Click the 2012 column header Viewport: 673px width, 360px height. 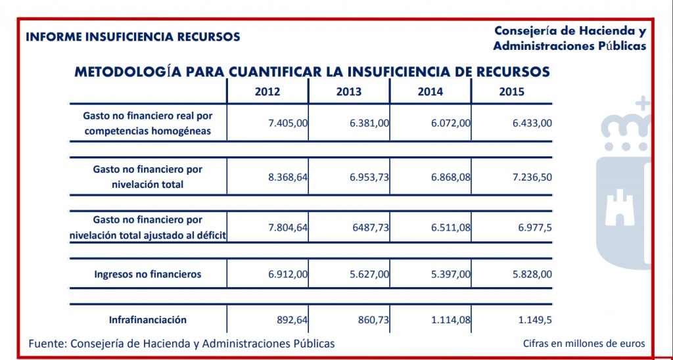(x=267, y=92)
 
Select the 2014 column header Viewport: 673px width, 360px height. (x=430, y=92)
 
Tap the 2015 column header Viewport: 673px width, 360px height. (x=511, y=92)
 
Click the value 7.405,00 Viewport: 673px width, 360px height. (x=288, y=124)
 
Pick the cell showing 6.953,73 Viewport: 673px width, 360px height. (x=369, y=177)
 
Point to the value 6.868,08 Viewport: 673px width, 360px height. (x=451, y=177)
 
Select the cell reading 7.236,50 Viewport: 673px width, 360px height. (x=532, y=177)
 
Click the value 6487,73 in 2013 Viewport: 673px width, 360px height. (x=372, y=227)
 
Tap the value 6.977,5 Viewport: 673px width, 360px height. (x=534, y=227)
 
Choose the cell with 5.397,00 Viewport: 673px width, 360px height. (x=451, y=274)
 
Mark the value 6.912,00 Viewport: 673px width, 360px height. (x=288, y=274)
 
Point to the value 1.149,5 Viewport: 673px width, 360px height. (x=534, y=320)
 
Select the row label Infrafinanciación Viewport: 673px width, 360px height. (x=148, y=320)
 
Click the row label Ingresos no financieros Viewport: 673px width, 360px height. (x=148, y=274)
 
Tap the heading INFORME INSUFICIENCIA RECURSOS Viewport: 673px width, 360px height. (x=133, y=37)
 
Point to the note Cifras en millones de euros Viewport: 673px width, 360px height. (x=584, y=344)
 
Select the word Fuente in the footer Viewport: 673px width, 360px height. (x=47, y=344)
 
